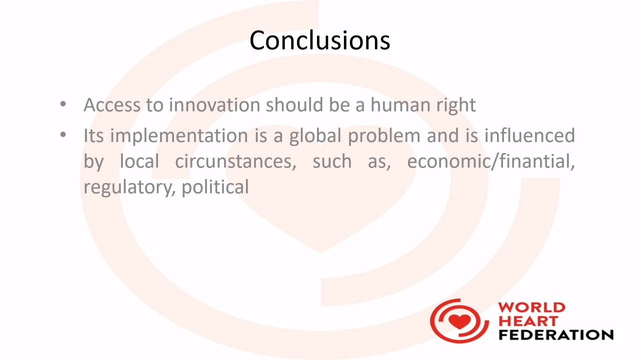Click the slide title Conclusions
tap(319, 40)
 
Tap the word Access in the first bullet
tap(111, 104)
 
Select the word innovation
tap(214, 104)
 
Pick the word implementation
tap(179, 136)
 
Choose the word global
tap(315, 136)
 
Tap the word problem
tap(384, 136)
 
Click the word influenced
tap(529, 135)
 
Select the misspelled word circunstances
tap(235, 161)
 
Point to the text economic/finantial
tap(491, 161)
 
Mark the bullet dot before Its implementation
tap(63, 134)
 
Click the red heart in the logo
tap(459, 321)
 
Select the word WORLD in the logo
tap(531, 308)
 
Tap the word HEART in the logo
tap(528, 321)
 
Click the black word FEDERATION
tap(556, 335)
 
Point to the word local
tap(139, 161)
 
